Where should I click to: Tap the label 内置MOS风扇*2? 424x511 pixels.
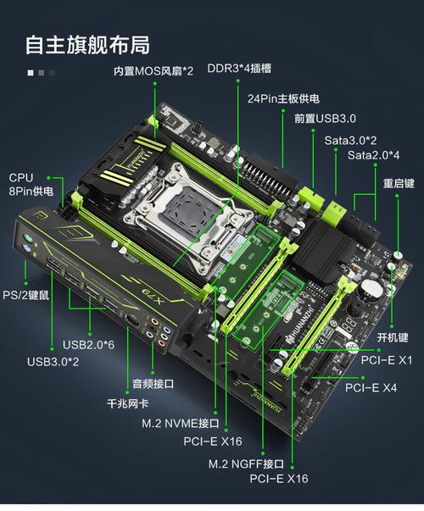tap(153, 70)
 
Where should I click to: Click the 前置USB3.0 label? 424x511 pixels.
tap(325, 119)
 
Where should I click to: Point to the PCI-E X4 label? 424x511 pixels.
tap(371, 387)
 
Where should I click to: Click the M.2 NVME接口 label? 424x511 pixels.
tap(181, 422)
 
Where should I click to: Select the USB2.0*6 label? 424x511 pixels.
tap(91, 345)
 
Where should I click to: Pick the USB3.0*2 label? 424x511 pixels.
tap(53, 362)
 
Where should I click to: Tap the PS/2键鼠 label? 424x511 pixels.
tap(27, 294)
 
